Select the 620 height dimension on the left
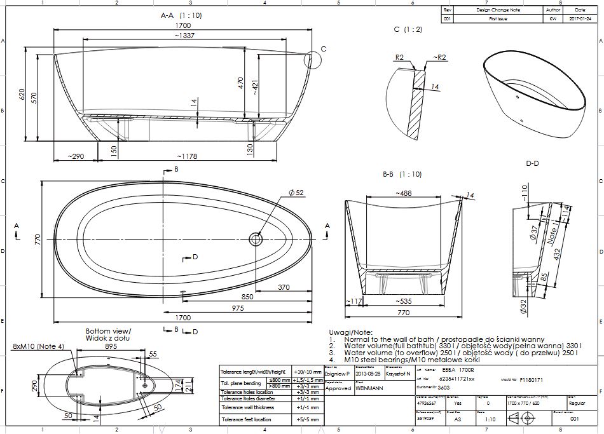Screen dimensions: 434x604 coord(22,95)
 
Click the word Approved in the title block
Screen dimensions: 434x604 coord(338,388)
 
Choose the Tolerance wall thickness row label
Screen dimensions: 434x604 coord(247,408)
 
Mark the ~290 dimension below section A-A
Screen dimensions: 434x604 coord(77,156)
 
